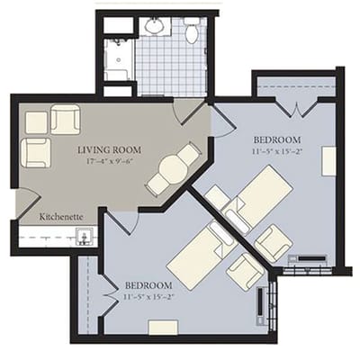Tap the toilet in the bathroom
click(191, 32)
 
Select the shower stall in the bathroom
click(118, 59)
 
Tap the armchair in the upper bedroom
click(273, 242)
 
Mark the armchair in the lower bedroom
click(245, 271)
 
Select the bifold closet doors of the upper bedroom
click(296, 107)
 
